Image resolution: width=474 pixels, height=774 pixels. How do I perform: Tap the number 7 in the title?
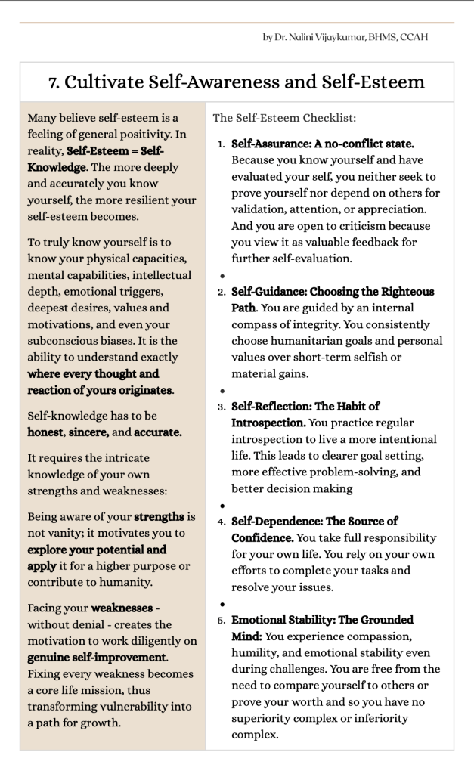pyautogui.click(x=53, y=82)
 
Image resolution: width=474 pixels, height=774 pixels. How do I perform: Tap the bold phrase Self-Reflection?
pyautogui.click(x=268, y=407)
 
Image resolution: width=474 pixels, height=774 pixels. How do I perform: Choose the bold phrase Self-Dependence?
pyautogui.click(x=271, y=522)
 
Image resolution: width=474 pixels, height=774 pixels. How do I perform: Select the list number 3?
pyautogui.click(x=221, y=407)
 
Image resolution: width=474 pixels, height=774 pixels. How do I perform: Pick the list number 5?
pyautogui.click(x=221, y=620)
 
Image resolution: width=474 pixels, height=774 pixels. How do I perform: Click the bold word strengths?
pyautogui.click(x=159, y=517)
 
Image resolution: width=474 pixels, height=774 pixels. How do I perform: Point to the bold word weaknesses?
pyautogui.click(x=122, y=608)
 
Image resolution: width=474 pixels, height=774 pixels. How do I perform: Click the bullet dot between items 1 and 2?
pyautogui.click(x=222, y=276)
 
